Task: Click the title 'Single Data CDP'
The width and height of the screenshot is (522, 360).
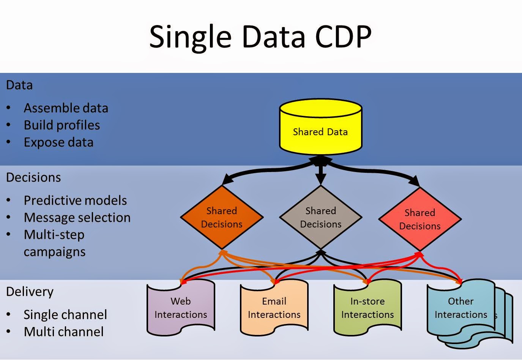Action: point(260,37)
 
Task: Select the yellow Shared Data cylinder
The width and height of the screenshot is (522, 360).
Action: point(320,129)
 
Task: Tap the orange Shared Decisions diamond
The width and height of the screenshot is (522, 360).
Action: point(222,218)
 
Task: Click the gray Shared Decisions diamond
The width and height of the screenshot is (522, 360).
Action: point(321,218)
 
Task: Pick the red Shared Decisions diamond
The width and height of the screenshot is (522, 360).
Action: point(420,219)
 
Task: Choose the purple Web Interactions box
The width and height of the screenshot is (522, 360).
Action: point(181,308)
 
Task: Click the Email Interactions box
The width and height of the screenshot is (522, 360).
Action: point(274,308)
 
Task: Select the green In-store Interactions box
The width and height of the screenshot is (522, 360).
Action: point(367,308)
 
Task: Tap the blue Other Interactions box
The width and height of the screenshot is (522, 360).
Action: point(461,308)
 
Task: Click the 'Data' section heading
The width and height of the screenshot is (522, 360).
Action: point(19,85)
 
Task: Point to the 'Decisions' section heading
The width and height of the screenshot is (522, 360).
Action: point(33,177)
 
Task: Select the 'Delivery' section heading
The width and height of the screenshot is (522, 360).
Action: point(30,292)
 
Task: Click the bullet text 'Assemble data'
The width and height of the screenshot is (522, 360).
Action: point(66,108)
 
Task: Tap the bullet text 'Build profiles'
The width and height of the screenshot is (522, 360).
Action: point(62,125)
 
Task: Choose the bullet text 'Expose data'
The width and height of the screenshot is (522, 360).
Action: point(58,142)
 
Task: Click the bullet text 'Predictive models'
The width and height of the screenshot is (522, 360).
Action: point(75,201)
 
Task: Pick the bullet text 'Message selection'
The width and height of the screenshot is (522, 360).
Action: point(77,218)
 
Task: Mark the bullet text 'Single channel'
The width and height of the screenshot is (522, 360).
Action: point(65,315)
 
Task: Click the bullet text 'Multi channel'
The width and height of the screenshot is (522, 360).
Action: point(63,332)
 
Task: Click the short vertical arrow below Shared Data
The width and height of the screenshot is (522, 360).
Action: point(321,172)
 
